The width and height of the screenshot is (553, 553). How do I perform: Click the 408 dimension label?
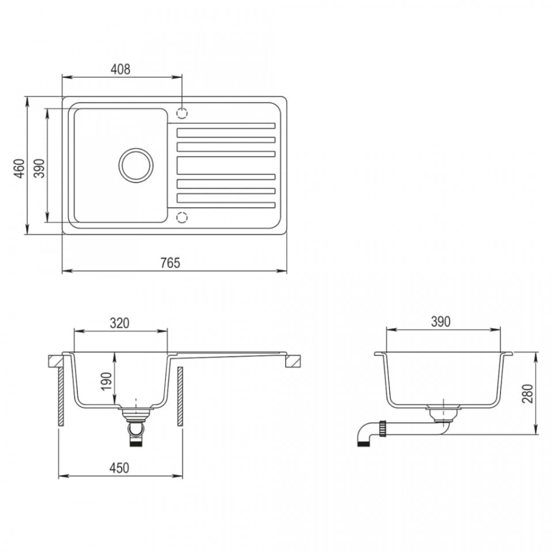[x=120, y=69]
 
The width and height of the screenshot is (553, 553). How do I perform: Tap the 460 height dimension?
[x=20, y=168]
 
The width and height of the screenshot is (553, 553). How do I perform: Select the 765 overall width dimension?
[x=171, y=263]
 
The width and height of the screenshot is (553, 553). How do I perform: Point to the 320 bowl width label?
[x=120, y=323]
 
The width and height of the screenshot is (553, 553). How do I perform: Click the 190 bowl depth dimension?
[x=106, y=381]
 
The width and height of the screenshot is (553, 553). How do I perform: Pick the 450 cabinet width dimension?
[x=120, y=468]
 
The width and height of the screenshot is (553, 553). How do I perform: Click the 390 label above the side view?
[x=441, y=321]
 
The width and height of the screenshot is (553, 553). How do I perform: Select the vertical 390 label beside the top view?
[x=40, y=168]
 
